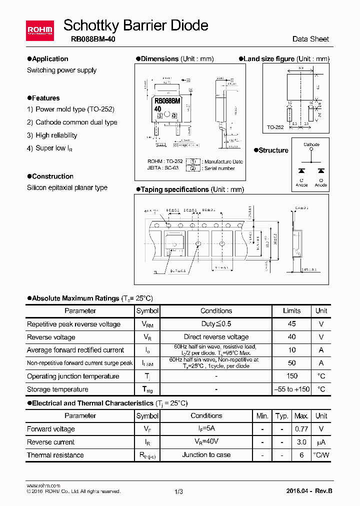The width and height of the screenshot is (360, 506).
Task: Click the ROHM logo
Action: click(39, 30)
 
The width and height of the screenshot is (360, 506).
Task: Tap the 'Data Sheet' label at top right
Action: click(310, 39)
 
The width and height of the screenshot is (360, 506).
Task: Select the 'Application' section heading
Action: click(50, 58)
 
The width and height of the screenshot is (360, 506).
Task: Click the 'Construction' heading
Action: click(52, 176)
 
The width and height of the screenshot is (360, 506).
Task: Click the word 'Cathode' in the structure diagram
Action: click(311, 144)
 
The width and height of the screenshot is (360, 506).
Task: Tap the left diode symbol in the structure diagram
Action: click(301, 170)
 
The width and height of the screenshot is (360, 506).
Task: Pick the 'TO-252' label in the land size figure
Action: click(275, 127)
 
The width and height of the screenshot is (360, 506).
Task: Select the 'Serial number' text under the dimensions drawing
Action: click(219, 168)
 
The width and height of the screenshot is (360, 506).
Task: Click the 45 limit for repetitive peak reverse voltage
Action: click(292, 324)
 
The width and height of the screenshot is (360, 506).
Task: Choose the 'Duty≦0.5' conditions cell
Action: click(216, 324)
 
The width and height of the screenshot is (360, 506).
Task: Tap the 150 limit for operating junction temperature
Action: click(292, 376)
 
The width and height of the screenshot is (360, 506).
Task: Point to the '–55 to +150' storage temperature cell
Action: click(292, 389)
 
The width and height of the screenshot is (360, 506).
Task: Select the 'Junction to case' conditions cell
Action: click(206, 455)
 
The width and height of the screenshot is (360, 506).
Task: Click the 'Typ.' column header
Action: click(282, 416)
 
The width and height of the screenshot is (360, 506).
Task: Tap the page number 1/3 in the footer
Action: click(179, 491)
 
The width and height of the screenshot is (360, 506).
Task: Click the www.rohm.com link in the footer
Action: click(43, 485)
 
